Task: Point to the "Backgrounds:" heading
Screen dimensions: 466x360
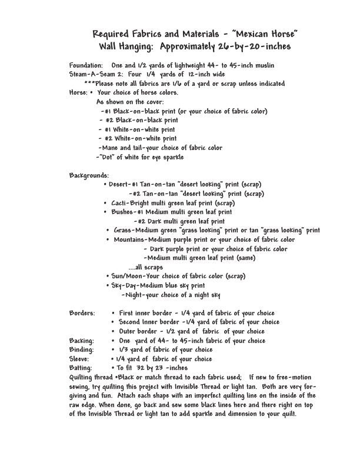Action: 89,176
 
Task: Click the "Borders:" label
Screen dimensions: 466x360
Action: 82,313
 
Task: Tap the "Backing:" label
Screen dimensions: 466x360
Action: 81,341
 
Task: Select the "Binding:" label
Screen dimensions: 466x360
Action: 81,349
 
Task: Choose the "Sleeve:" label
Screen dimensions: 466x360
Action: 79,358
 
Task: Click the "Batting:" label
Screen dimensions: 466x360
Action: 81,368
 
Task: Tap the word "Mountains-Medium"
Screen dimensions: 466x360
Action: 139,240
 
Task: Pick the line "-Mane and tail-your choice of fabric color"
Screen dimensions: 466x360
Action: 160,148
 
